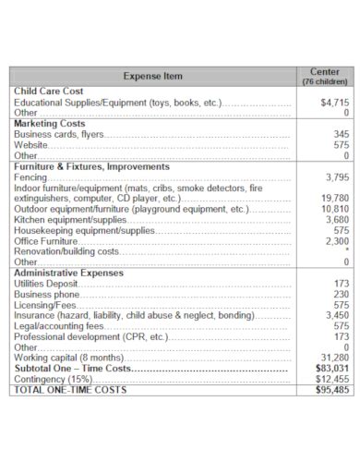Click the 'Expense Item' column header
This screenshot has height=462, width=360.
[x=152, y=76]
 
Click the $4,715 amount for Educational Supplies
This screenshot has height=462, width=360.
[x=333, y=103]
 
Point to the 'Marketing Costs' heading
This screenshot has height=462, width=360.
[x=49, y=123]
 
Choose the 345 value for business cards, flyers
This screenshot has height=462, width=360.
[x=340, y=134]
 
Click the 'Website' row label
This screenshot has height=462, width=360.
[x=31, y=145]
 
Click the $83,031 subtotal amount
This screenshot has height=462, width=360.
[x=332, y=369]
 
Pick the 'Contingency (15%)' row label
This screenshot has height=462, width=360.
[x=54, y=379]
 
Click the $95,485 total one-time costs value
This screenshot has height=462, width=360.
[x=332, y=390]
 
